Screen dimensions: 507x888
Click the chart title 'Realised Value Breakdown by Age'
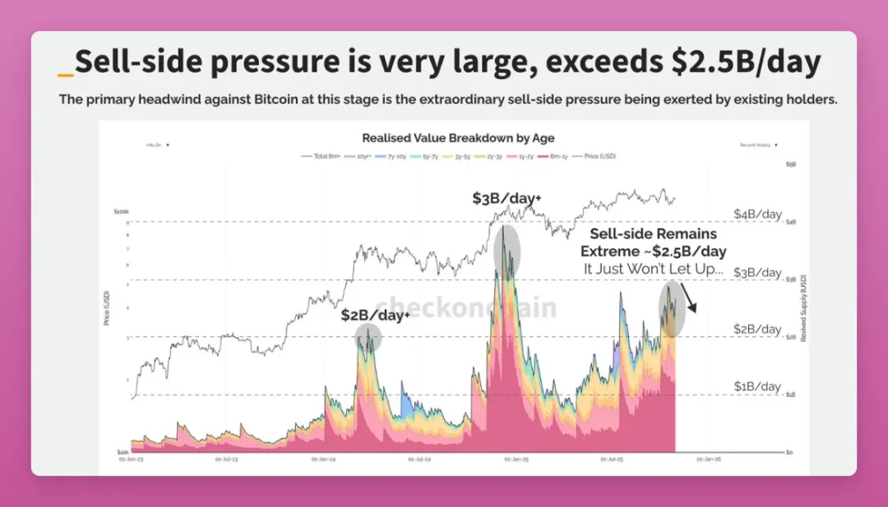pyautogui.click(x=458, y=138)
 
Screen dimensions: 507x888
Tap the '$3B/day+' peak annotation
pyautogui.click(x=506, y=198)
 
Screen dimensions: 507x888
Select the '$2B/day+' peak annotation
pyautogui.click(x=376, y=315)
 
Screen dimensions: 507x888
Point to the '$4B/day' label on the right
pyautogui.click(x=757, y=214)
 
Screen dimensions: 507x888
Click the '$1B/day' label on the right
pyautogui.click(x=757, y=386)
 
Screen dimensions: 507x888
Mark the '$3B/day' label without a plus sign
pyautogui.click(x=757, y=273)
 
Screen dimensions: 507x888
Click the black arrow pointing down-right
pyautogui.click(x=689, y=297)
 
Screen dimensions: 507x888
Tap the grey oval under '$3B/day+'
pyautogui.click(x=506, y=250)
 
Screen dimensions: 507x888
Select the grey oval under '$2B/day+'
pyautogui.click(x=368, y=337)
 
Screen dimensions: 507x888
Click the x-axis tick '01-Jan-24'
pyautogui.click(x=322, y=459)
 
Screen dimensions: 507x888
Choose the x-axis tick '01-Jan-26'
pyautogui.click(x=709, y=459)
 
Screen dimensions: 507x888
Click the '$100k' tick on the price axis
pyautogui.click(x=120, y=212)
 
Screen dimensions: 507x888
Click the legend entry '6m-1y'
pyautogui.click(x=557, y=155)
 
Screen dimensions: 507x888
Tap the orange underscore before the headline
pyautogui.click(x=66, y=75)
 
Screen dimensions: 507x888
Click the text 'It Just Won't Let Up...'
pyautogui.click(x=654, y=268)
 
